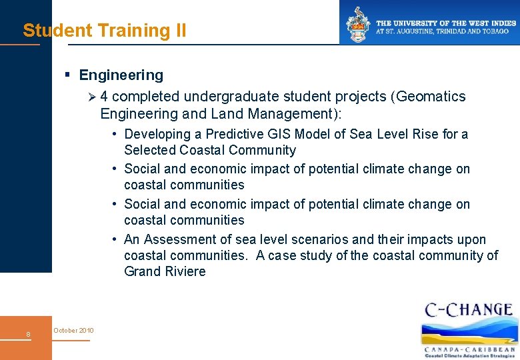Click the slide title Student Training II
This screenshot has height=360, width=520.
point(105,31)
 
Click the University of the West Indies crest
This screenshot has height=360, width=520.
point(357,23)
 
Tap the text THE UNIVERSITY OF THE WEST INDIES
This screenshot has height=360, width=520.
point(446,23)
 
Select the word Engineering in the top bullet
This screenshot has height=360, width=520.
point(121,75)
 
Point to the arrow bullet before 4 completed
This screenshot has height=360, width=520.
point(92,97)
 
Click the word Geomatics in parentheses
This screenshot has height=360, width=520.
point(432,97)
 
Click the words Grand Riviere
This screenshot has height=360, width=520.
point(165,271)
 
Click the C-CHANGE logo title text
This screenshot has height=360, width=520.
point(469,310)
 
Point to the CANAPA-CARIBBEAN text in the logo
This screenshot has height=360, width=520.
point(470,349)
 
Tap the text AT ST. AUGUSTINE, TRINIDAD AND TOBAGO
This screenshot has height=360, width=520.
point(446,31)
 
